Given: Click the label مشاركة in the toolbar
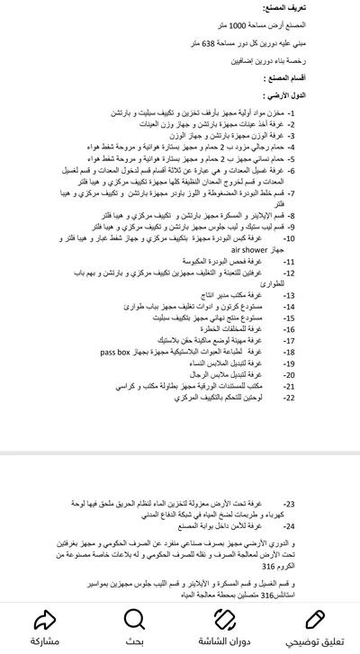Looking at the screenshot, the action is [44, 641].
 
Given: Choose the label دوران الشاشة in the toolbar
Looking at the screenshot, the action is [225, 641].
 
